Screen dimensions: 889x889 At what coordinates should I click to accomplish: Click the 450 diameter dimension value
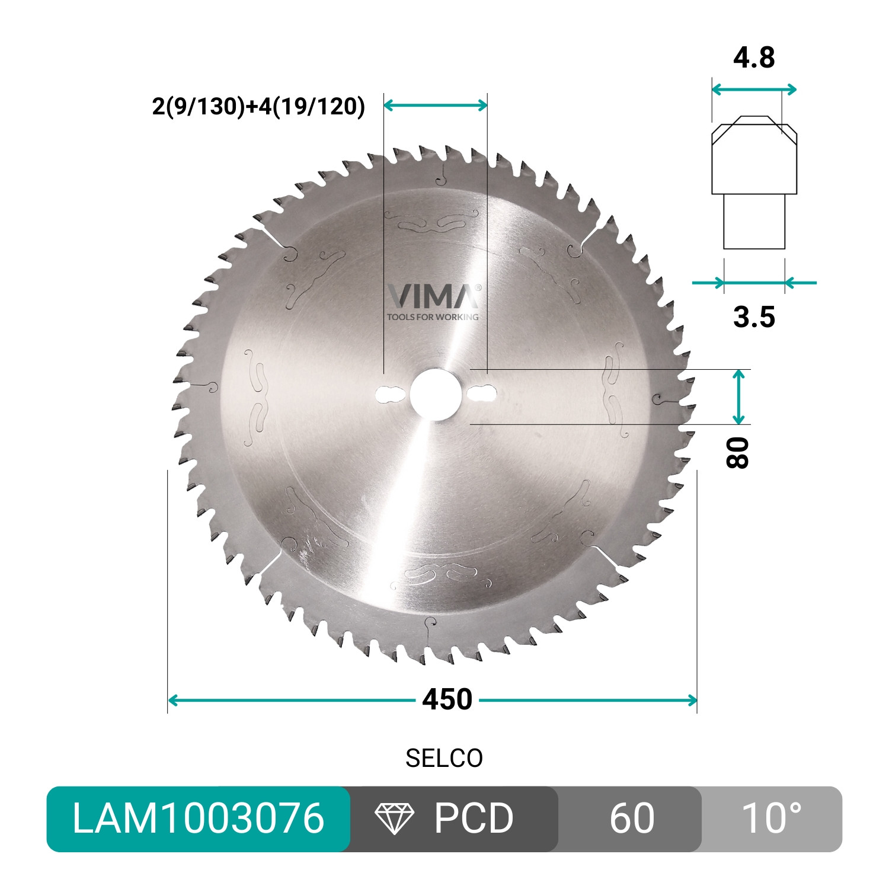(x=447, y=700)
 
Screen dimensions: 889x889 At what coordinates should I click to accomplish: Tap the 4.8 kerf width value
(x=754, y=58)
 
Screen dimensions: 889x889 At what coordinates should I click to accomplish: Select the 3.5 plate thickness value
(x=754, y=318)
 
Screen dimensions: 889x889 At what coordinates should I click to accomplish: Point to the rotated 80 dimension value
(x=738, y=453)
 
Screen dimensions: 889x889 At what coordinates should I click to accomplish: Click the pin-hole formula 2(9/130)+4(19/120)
(x=258, y=107)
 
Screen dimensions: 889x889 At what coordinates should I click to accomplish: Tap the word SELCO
(x=444, y=759)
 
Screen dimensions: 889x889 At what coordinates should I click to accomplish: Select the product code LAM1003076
(x=198, y=818)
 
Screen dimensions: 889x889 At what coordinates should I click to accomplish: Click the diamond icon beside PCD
(x=394, y=819)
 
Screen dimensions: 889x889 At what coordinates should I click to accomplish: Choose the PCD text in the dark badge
(x=474, y=818)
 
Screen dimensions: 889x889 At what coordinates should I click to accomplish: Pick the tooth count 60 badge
(x=631, y=818)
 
